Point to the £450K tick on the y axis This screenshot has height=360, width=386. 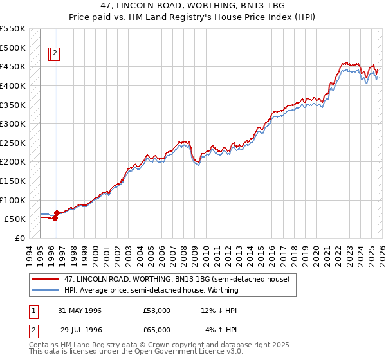[x=13, y=66]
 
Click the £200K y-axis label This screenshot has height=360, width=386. [x=13, y=161]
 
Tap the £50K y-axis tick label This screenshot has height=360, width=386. [x=15, y=219]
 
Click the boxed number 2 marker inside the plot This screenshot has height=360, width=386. [x=55, y=54]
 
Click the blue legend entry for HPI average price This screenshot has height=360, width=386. [x=151, y=290]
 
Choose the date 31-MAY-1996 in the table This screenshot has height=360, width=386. [x=79, y=311]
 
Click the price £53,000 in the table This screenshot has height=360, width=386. [x=157, y=311]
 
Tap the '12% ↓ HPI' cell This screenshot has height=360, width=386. [x=219, y=311]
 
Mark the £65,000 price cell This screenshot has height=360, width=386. [x=157, y=330]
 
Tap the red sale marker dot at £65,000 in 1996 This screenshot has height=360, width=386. [x=57, y=213]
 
